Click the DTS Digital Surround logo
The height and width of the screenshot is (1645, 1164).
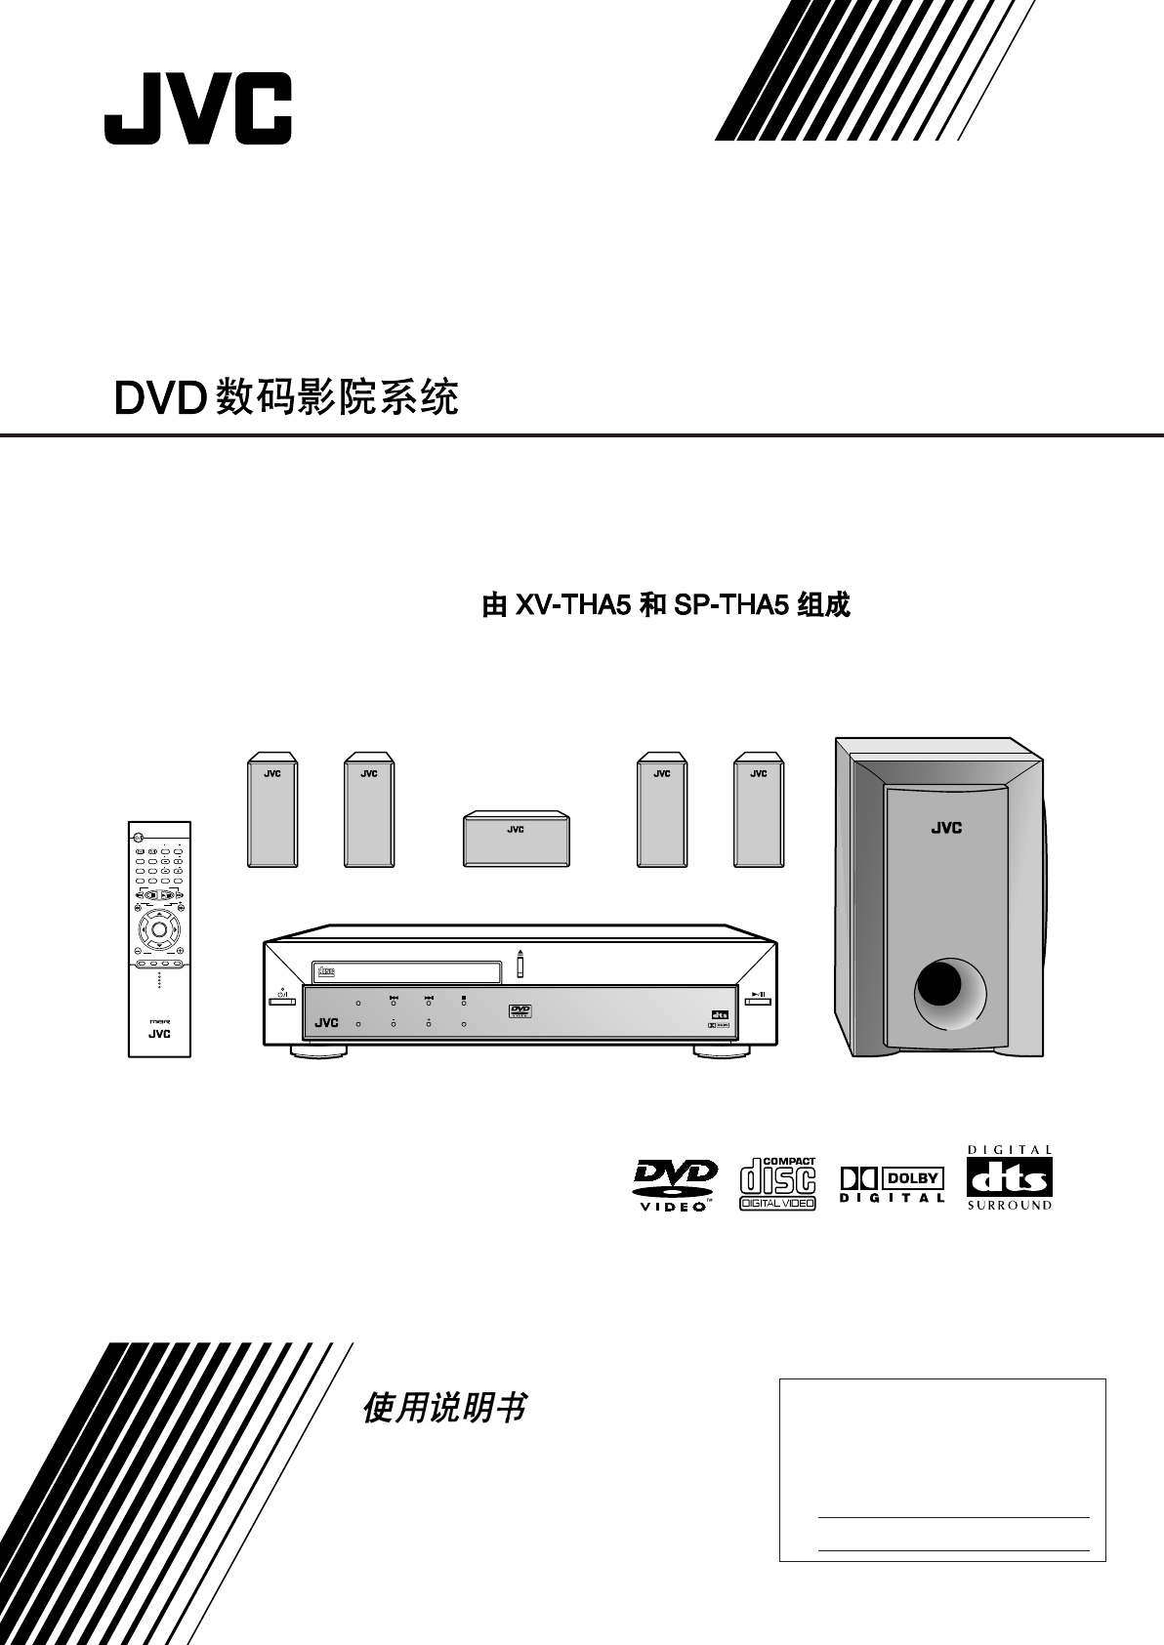coord(1010,1178)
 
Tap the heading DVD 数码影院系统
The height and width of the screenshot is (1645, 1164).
coord(286,397)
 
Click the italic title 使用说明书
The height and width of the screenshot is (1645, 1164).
coord(444,1408)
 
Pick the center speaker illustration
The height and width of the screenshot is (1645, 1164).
coord(516,838)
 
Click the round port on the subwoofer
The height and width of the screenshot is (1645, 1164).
coord(944,993)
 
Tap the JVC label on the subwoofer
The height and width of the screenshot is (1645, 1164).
coord(945,828)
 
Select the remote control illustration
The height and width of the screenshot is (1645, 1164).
coord(159,938)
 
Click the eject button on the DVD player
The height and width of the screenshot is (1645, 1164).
coord(520,965)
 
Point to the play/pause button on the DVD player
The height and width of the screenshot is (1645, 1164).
coord(758,999)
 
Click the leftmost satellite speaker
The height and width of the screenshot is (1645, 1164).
coord(271,809)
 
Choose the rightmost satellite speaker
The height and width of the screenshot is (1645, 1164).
coord(759,809)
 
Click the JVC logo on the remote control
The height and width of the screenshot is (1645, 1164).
coord(159,1035)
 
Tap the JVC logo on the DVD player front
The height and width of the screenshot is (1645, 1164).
coord(326,1022)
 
